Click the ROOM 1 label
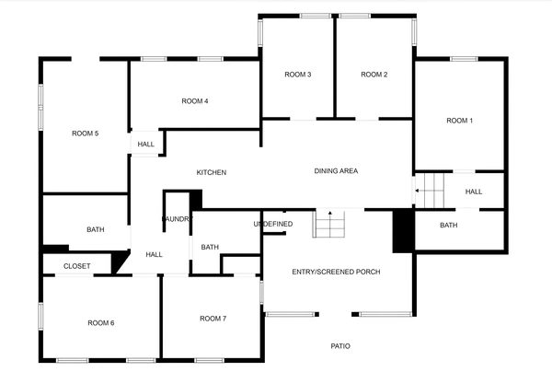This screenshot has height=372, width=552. pyautogui.click(x=459, y=121)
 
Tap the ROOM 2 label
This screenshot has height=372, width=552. pyautogui.click(x=374, y=75)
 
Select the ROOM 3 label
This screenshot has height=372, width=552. pyautogui.click(x=298, y=75)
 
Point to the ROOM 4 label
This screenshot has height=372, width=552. pyautogui.click(x=195, y=101)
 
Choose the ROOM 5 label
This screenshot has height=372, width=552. pyautogui.click(x=85, y=134)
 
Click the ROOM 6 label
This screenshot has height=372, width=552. pyautogui.click(x=100, y=322)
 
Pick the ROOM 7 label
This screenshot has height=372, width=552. pyautogui.click(x=213, y=319)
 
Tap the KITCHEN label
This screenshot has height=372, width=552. pyautogui.click(x=212, y=173)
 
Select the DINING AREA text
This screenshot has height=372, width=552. pyautogui.click(x=336, y=170)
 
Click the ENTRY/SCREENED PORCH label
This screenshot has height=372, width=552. pyautogui.click(x=336, y=272)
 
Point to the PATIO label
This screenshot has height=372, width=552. pyautogui.click(x=340, y=346)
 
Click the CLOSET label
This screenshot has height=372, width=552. pyautogui.click(x=77, y=266)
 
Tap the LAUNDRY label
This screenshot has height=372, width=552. pyautogui.click(x=176, y=219)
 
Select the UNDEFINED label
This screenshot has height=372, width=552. pyautogui.click(x=273, y=224)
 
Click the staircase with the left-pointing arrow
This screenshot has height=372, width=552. pyautogui.click(x=430, y=191)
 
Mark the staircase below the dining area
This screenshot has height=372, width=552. pyautogui.click(x=329, y=224)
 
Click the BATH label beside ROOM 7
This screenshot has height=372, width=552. pyautogui.click(x=210, y=247)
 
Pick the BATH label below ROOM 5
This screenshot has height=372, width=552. pyautogui.click(x=96, y=230)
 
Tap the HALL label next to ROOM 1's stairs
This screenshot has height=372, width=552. pyautogui.click(x=474, y=192)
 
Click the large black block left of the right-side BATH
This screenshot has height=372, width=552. pyautogui.click(x=403, y=231)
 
